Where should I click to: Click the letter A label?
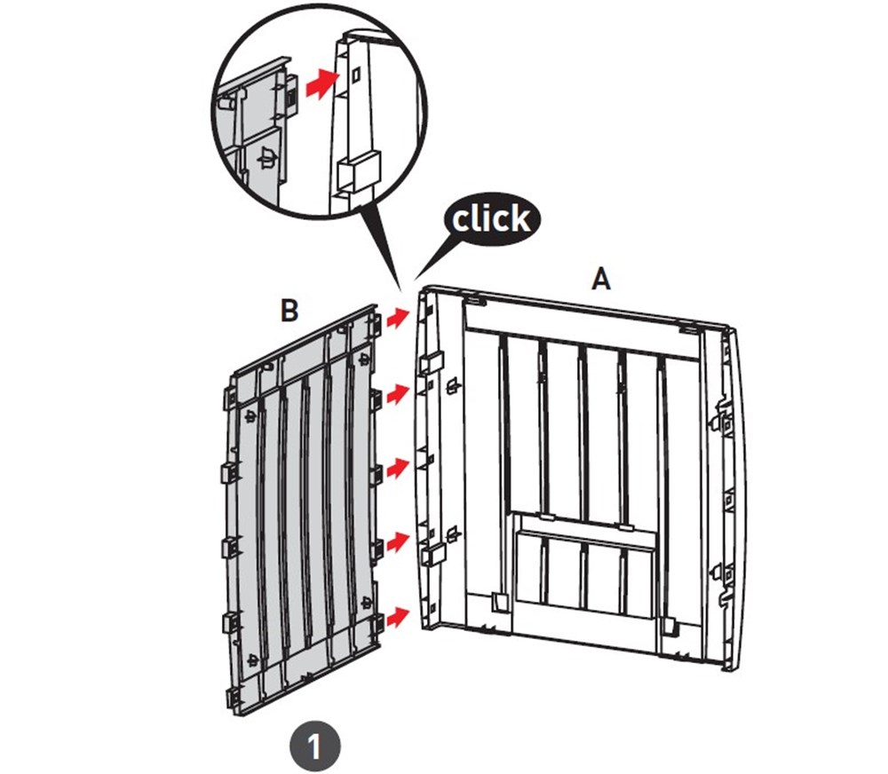tap(601, 280)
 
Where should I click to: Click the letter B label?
tap(289, 311)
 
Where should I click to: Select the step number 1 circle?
tap(315, 746)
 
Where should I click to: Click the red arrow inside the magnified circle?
tap(321, 83)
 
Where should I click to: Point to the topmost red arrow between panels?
tap(399, 317)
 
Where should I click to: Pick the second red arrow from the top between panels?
tap(399, 392)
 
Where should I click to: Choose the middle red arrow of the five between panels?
tap(399, 469)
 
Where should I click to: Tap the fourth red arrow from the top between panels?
tap(399, 541)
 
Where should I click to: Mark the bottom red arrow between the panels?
tap(399, 616)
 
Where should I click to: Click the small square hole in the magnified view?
tap(356, 75)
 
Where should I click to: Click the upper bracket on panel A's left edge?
tap(432, 362)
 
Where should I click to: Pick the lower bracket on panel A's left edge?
tap(432, 554)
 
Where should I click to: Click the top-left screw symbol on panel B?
tap(250, 417)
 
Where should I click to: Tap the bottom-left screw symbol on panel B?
tap(252, 659)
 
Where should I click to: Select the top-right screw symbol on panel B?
tap(364, 359)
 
